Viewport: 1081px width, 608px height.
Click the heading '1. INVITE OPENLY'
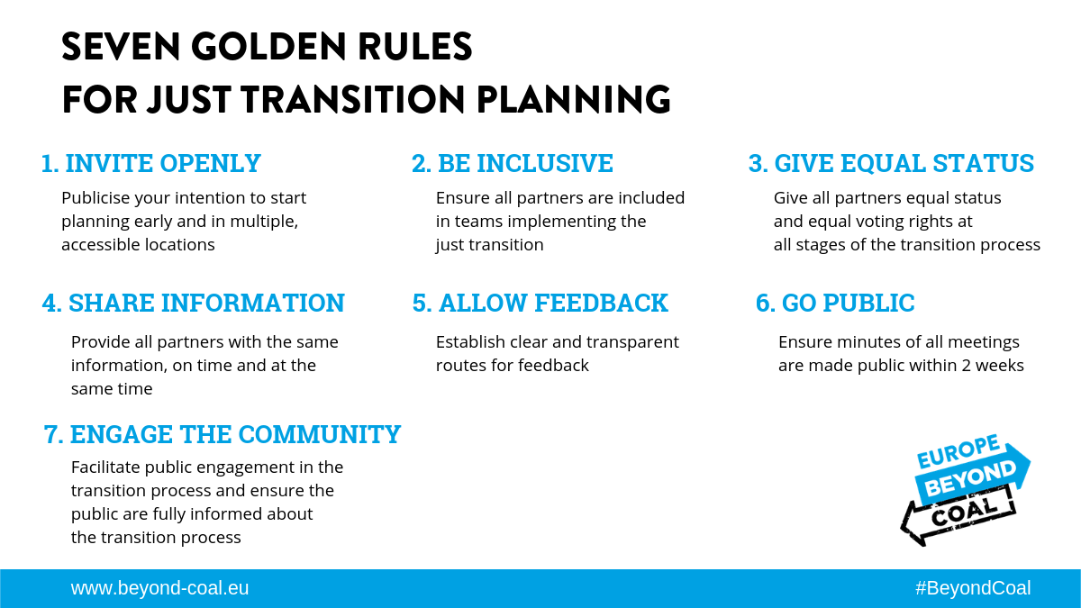[151, 163]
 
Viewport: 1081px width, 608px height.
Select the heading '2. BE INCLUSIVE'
[513, 163]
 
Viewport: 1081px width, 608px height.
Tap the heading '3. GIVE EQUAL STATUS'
[891, 163]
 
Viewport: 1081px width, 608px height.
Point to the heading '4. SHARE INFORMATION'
[194, 303]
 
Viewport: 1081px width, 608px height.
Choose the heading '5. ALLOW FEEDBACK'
[540, 303]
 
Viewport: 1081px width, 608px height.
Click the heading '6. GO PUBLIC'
[835, 303]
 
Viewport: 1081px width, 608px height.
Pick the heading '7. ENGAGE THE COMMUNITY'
[223, 434]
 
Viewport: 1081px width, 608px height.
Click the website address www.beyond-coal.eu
[160, 588]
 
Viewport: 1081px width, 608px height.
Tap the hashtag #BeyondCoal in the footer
[973, 588]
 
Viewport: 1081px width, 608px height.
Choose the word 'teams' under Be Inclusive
[477, 221]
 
